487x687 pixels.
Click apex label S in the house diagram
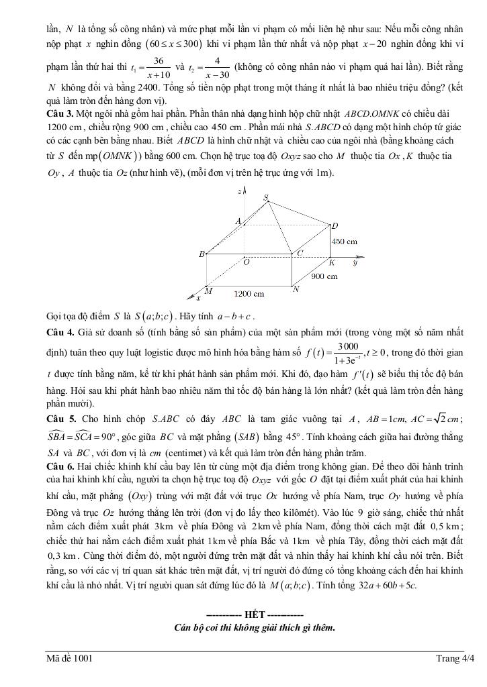[266, 197]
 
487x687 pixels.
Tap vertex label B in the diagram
[202, 254]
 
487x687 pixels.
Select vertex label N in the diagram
[296, 289]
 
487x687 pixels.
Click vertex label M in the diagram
[209, 290]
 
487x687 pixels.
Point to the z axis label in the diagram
[239, 192]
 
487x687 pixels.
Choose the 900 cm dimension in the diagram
[324, 276]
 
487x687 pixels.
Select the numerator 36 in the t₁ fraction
[160, 61]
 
